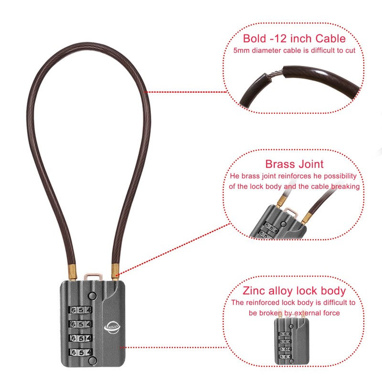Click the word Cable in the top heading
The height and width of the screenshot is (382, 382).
[325, 39]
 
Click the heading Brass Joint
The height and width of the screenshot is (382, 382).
[294, 164]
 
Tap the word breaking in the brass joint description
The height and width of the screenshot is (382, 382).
[344, 186]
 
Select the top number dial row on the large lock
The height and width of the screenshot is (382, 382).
[81, 309]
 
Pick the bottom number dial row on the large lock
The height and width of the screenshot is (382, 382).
[81, 352]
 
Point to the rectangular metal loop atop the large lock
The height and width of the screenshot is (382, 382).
[94, 276]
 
